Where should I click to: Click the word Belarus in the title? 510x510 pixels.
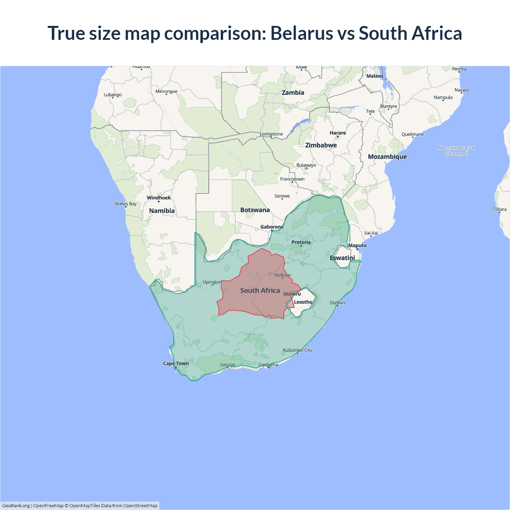(x=301, y=33)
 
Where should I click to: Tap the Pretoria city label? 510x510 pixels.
(x=301, y=242)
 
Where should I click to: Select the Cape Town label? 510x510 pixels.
(x=176, y=363)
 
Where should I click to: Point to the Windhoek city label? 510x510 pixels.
(x=159, y=198)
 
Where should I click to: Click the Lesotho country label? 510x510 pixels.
(x=303, y=302)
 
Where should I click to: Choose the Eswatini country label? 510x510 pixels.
(x=342, y=258)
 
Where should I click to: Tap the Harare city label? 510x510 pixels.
(x=337, y=133)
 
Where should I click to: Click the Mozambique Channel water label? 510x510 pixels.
(x=456, y=151)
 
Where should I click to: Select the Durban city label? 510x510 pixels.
(x=337, y=303)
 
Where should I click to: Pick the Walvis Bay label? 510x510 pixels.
(x=126, y=204)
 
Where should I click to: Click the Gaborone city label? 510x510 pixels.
(x=272, y=227)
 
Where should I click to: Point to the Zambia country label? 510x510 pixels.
(x=293, y=92)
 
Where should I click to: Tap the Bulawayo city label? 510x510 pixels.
(x=306, y=165)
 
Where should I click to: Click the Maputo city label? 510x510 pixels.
(x=357, y=245)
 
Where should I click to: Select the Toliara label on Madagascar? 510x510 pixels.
(x=499, y=209)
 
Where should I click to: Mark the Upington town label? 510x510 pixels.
(x=212, y=282)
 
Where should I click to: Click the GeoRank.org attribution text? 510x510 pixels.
(x=16, y=506)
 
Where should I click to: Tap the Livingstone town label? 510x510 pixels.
(x=271, y=134)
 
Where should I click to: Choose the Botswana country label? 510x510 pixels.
(x=255, y=210)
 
